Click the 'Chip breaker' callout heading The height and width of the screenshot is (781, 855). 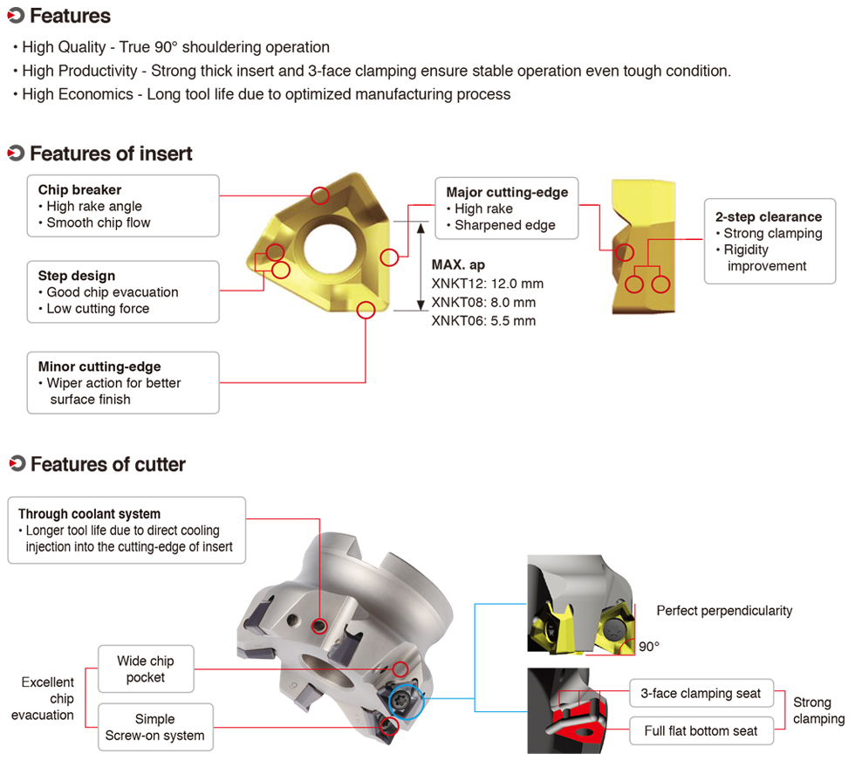(79, 190)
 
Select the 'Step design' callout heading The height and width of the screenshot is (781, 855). (77, 276)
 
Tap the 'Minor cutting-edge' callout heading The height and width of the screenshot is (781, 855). (99, 367)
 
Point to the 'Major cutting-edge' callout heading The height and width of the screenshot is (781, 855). (507, 192)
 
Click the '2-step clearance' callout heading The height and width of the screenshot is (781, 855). (769, 216)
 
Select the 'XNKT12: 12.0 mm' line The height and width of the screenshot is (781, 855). (488, 284)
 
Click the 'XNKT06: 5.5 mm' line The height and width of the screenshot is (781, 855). (483, 320)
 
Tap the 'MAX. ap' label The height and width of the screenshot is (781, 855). (458, 264)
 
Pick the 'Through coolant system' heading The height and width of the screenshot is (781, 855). (89, 514)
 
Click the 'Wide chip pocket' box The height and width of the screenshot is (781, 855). (145, 669)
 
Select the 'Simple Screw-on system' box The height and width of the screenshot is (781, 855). (155, 727)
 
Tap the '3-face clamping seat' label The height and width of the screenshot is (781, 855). (701, 694)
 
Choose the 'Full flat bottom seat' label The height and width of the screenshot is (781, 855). (701, 730)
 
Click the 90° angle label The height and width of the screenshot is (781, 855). (649, 647)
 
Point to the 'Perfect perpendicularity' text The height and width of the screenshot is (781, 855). (724, 611)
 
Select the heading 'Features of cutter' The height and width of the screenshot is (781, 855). (107, 464)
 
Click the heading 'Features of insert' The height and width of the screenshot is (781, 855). (111, 154)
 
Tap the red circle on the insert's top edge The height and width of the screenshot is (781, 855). (320, 196)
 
